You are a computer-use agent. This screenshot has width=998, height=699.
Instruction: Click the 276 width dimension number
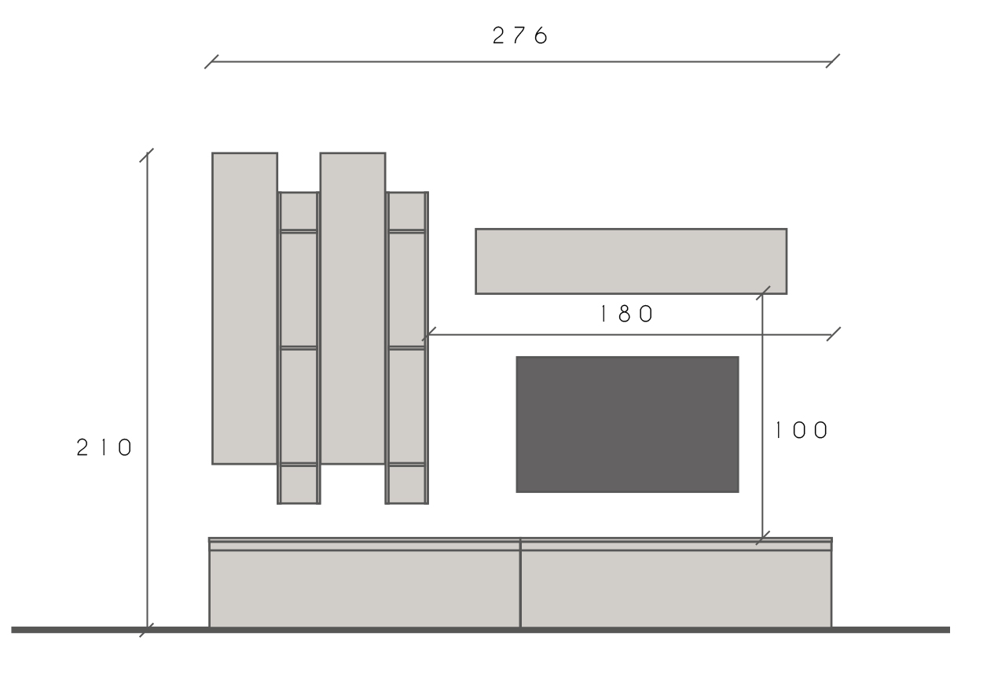coord(520,35)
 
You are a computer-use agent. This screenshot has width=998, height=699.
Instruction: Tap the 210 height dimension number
coord(105,447)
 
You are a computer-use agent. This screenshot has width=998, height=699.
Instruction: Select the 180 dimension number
coord(627,314)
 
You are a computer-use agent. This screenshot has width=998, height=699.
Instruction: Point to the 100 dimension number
coord(802,430)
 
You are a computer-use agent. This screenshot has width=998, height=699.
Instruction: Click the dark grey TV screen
coord(627,425)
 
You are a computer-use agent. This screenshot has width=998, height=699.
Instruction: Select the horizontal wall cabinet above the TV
coord(631,261)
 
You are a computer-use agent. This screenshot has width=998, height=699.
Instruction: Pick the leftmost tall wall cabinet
coord(244,308)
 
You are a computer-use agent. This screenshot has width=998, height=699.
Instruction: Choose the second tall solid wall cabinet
coord(352,308)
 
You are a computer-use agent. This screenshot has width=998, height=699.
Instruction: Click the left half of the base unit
coord(365,583)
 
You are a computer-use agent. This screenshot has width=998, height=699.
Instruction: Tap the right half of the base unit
coord(676,583)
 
